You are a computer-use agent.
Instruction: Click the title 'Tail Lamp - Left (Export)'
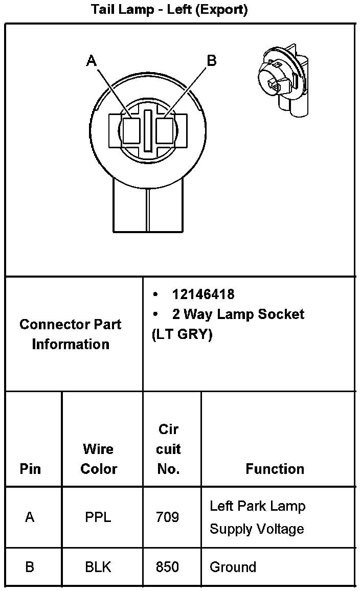169,10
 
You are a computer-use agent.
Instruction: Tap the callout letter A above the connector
92,61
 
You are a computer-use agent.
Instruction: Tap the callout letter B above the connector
211,61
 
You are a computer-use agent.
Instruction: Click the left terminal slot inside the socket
131,131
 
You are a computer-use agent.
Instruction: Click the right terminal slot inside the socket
165,131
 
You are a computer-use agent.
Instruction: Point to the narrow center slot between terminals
148,130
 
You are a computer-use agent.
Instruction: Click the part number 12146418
203,294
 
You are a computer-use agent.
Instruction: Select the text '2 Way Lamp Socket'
238,314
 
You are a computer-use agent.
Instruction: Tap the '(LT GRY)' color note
182,334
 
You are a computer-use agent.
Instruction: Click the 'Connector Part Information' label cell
71,334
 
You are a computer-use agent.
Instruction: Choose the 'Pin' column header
30,469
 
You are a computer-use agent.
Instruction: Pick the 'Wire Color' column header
98,459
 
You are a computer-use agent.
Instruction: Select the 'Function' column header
275,469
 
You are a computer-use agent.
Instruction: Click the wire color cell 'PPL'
98,517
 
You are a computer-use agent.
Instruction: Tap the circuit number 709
168,517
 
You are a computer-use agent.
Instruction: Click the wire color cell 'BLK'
98,567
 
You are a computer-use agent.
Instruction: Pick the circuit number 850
168,567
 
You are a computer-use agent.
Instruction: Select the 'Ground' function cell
233,567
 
